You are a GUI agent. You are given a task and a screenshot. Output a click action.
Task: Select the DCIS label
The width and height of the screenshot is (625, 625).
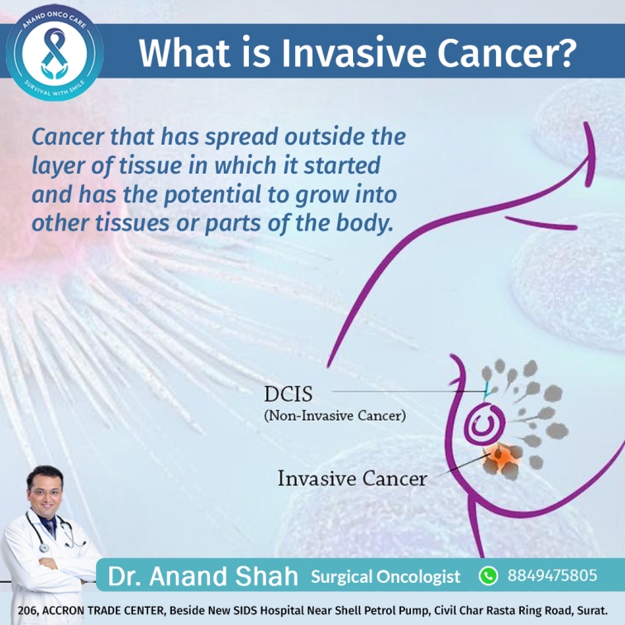coord(289,394)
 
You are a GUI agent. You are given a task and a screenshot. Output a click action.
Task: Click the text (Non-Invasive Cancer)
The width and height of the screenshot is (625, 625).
coord(335,416)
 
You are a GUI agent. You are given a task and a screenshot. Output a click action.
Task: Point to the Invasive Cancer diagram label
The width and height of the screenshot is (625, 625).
coord(352,479)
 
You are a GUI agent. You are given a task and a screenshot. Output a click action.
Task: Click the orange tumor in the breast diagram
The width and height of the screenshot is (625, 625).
coord(503,460)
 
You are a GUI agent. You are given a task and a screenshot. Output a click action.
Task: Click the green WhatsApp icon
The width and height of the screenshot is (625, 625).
coord(489,576)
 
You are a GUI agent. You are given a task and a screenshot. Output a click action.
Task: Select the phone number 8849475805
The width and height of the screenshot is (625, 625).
coord(552,575)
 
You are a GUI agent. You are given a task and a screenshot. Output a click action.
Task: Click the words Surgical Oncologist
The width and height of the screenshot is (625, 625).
coord(385,577)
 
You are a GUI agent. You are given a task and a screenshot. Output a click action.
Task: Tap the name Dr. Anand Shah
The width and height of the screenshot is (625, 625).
coord(203,576)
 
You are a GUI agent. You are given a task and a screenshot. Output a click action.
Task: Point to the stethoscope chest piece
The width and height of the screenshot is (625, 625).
coord(44,548)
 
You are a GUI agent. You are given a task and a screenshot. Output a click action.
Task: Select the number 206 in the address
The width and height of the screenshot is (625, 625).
coord(27,611)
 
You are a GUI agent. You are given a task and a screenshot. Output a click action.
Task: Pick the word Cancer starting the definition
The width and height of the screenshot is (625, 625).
coord(68,137)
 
